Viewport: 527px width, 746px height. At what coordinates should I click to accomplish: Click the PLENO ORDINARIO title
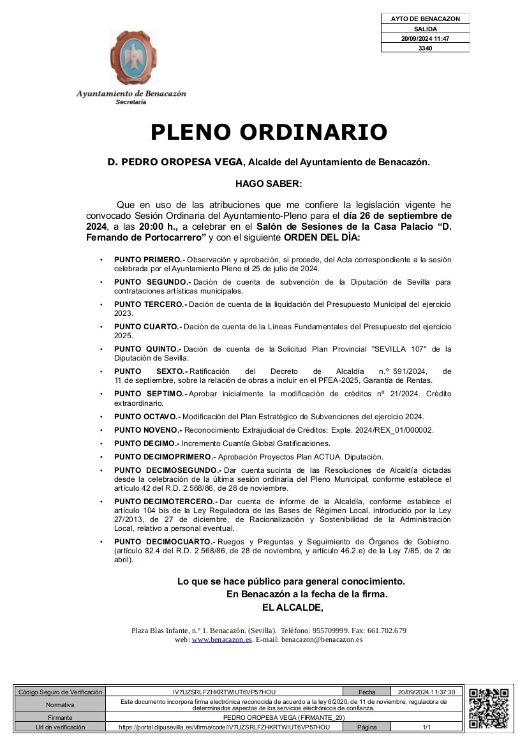click(x=269, y=132)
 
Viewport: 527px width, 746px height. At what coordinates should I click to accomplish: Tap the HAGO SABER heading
click(x=268, y=184)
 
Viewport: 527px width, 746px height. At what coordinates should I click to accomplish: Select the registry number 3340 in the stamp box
click(x=425, y=48)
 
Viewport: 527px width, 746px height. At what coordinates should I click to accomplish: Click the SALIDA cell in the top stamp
click(x=425, y=29)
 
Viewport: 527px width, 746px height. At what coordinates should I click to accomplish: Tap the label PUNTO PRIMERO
click(x=149, y=260)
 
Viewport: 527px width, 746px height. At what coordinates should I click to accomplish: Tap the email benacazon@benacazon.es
click(x=322, y=639)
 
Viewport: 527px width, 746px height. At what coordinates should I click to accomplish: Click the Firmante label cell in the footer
click(x=60, y=718)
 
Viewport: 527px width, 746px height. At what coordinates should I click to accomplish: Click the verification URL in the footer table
click(x=225, y=727)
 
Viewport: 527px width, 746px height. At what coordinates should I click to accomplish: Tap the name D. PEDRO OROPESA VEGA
click(x=175, y=162)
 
